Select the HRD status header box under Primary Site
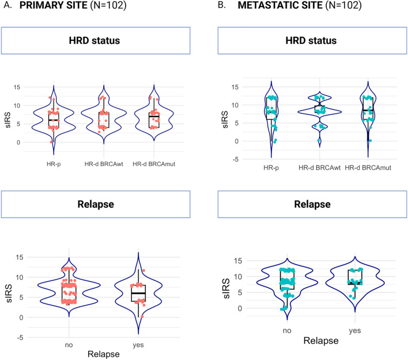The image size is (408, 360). [95, 42]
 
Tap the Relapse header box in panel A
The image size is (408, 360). [95, 204]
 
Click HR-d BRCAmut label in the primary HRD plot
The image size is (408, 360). [153, 164]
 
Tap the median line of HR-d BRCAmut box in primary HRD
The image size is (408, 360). [153, 117]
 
